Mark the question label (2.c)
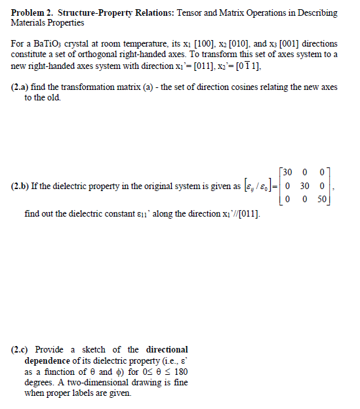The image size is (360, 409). point(22,349)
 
